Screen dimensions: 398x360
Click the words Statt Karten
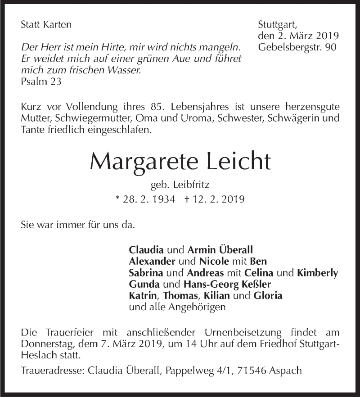coord(46,25)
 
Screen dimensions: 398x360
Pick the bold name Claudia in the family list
coord(147,249)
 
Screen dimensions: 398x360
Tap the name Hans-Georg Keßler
coord(228,285)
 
